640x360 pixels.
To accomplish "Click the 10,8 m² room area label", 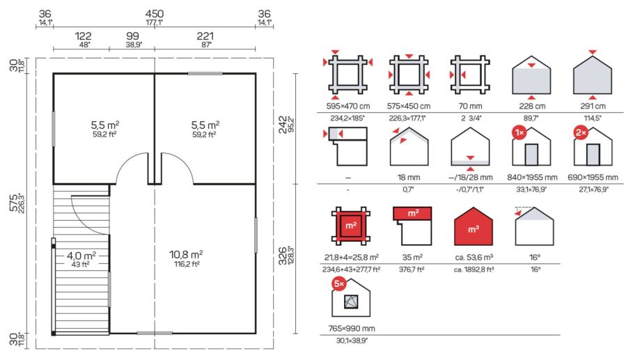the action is pyautogui.click(x=186, y=255).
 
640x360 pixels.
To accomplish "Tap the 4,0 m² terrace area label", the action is pyautogui.click(x=81, y=256).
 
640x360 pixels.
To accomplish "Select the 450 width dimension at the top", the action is pyautogui.click(x=155, y=15).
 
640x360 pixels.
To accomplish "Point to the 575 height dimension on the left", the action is pyautogui.click(x=14, y=203).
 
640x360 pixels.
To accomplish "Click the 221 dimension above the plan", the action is pyautogui.click(x=205, y=36).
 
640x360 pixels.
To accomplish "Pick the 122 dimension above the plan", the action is pyautogui.click(x=83, y=36).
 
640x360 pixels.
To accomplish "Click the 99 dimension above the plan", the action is pyautogui.click(x=132, y=36).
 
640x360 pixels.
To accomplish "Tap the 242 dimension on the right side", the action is pyautogui.click(x=283, y=125).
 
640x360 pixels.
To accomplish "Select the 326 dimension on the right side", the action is pyautogui.click(x=283, y=256).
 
